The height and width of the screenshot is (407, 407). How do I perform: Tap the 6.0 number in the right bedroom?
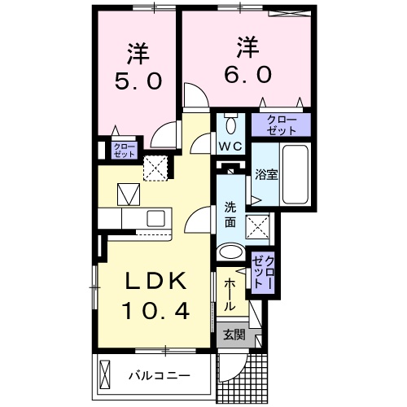(247, 72)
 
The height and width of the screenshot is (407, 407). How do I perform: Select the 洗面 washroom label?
(230, 214)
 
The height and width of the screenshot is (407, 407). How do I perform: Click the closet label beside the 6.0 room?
(280, 125)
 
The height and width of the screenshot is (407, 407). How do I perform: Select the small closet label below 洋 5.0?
(120, 151)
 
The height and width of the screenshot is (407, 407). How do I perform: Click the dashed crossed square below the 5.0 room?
(155, 167)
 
